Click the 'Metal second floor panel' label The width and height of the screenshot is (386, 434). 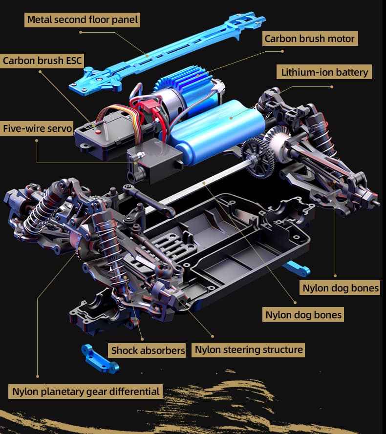(82, 20)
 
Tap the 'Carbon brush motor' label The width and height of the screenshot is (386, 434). (310, 39)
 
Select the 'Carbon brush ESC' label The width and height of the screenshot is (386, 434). (42, 61)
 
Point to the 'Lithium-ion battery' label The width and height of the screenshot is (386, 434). (324, 72)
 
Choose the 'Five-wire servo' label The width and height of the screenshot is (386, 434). (37, 128)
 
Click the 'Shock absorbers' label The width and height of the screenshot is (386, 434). (147, 350)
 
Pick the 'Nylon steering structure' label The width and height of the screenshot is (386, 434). (248, 350)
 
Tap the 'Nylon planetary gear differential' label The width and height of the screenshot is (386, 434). (86, 392)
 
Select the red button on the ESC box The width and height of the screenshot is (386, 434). (98, 132)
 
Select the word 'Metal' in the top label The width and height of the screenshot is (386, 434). (40, 20)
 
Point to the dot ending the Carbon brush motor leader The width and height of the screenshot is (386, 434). (282, 51)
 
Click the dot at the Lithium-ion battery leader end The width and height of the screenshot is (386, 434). (332, 87)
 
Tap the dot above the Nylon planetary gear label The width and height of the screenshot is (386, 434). (38, 376)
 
